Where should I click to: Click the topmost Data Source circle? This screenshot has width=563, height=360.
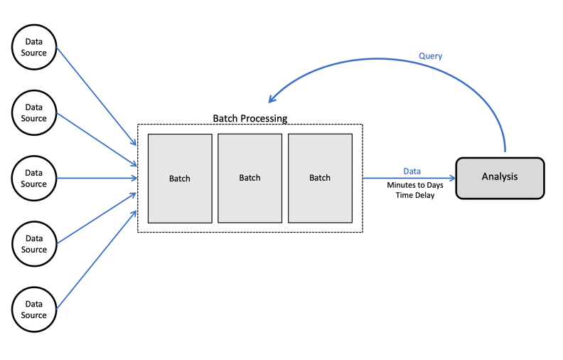point(33,48)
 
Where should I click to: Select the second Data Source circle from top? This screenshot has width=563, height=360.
point(33,113)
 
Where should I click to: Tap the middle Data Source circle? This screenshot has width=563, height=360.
point(33,179)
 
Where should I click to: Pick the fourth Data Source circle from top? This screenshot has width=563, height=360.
point(33,244)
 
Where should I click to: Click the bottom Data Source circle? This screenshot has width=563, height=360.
point(33,309)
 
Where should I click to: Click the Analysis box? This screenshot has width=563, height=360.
point(500,177)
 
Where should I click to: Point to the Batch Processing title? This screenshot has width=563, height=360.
point(250,118)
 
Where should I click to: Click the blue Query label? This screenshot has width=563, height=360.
point(430,56)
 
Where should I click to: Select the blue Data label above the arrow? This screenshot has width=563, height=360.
point(412,171)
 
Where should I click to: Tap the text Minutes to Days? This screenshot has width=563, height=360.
point(415,185)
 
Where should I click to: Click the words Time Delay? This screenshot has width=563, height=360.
point(415,195)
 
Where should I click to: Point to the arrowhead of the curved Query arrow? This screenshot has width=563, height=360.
point(272,100)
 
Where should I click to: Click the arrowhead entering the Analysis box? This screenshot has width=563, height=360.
point(451,179)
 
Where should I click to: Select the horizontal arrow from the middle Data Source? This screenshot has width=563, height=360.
point(96,179)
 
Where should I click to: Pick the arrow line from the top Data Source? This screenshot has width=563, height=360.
point(96,96)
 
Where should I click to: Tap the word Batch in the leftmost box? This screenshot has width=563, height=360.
point(180,179)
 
